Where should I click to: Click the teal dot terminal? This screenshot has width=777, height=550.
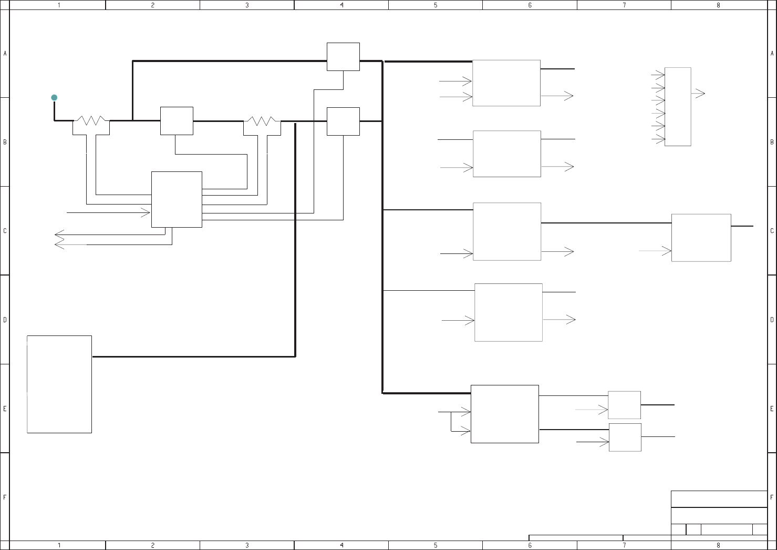(54, 97)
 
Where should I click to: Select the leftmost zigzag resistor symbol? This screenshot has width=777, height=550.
(91, 121)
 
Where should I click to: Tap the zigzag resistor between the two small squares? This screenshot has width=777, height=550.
(262, 121)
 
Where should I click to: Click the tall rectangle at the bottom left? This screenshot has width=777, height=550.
(59, 384)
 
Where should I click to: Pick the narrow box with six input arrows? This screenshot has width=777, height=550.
(678, 107)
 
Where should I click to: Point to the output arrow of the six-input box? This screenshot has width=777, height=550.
(698, 94)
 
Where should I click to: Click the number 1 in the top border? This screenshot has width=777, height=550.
(59, 5)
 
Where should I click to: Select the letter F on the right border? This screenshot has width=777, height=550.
(772, 497)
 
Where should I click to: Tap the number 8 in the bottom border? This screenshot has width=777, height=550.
(718, 545)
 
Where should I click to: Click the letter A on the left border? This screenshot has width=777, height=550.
(5, 54)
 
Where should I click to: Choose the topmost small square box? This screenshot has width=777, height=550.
(343, 57)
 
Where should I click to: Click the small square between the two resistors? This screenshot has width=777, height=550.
(177, 121)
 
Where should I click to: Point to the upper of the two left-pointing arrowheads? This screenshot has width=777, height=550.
(59, 235)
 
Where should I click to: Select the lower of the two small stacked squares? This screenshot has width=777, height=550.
(625, 437)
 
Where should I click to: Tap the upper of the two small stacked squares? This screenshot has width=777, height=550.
(624, 405)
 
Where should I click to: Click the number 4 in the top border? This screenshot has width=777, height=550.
(341, 5)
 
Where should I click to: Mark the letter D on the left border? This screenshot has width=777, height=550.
(5, 320)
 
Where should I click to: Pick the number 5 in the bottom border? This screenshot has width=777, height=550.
(436, 545)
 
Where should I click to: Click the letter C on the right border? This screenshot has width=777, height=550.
(772, 231)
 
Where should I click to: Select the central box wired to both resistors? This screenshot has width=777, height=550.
(177, 199)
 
